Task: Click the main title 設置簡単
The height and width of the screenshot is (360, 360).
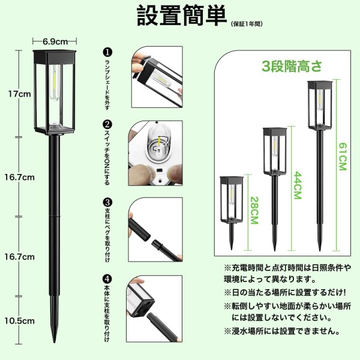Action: point(182,16)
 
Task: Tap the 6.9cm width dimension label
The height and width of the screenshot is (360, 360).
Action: point(55,41)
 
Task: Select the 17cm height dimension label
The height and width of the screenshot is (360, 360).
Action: point(20,94)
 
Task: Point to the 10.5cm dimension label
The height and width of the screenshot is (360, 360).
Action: point(20,321)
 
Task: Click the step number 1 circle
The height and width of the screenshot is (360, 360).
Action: point(107,52)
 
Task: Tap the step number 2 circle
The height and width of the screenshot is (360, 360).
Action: point(107,125)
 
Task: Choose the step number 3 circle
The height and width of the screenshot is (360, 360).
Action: point(107,203)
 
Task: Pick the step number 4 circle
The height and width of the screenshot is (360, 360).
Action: point(107,280)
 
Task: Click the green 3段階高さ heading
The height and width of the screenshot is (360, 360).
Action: point(292,66)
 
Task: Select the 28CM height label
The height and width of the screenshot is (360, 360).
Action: point(254,210)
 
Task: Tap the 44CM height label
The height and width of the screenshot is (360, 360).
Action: point(298,185)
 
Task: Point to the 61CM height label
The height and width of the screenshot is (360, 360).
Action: point(343,157)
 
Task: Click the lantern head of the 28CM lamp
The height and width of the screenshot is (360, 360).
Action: point(232,200)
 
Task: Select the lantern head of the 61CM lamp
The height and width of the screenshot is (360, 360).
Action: point(320,105)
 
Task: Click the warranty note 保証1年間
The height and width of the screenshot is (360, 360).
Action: point(247,24)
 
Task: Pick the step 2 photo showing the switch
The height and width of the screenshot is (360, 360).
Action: point(155,153)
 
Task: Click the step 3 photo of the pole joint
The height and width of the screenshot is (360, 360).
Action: point(155,230)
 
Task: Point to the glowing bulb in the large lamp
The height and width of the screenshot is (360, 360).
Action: point(55,82)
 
